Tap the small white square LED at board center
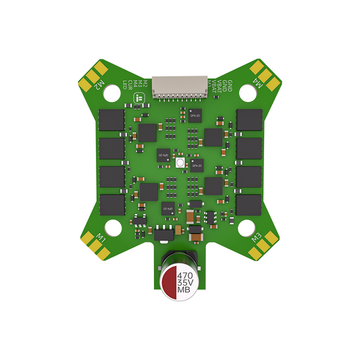[x=180, y=163]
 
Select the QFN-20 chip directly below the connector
[x=195, y=114]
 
